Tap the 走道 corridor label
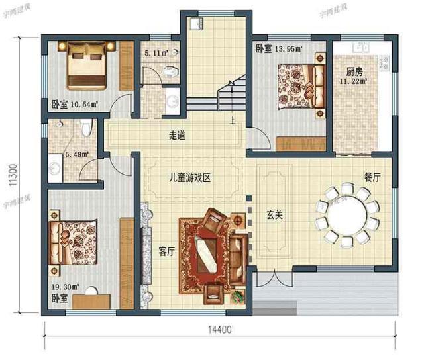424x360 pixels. (177, 136)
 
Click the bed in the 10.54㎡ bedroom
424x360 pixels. (86, 64)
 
